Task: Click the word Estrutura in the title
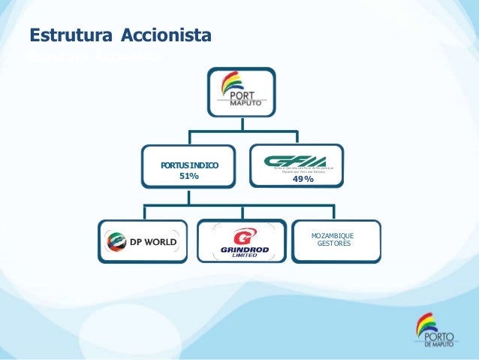tap(67, 35)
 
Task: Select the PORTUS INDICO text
tap(189, 164)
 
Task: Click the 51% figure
tap(189, 176)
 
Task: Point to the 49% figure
tap(303, 179)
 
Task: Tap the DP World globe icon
tap(118, 242)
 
